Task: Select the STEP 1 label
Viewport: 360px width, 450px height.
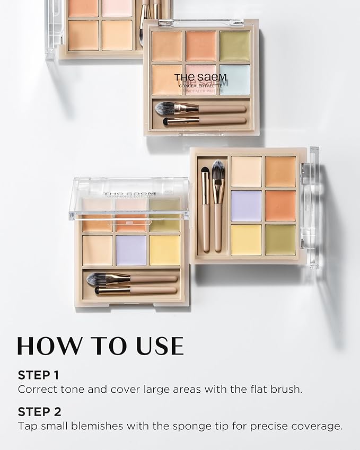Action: tap(38, 375)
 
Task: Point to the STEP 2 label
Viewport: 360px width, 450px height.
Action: tap(39, 412)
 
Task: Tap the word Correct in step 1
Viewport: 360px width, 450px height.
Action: tap(37, 389)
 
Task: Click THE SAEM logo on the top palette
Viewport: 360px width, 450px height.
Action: tap(200, 77)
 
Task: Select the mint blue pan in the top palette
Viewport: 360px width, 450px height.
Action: tap(234, 80)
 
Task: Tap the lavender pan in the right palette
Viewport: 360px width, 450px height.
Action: tap(246, 206)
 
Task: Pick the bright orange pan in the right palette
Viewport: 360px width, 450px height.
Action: tap(280, 206)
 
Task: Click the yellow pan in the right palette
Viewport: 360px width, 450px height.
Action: tap(246, 240)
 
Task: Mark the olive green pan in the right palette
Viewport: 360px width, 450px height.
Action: tap(280, 240)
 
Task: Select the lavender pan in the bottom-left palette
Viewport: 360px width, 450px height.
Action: tap(131, 250)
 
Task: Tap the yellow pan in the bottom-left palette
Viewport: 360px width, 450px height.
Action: tap(165, 250)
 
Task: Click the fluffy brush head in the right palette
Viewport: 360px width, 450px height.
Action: tap(218, 170)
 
